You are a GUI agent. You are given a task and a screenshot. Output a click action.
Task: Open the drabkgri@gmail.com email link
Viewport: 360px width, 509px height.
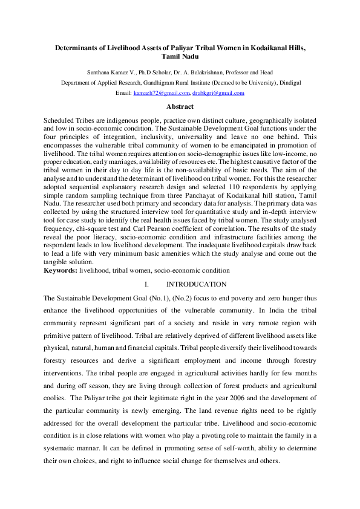click(218, 94)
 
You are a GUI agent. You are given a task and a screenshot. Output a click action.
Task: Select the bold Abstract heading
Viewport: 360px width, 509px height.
click(180, 106)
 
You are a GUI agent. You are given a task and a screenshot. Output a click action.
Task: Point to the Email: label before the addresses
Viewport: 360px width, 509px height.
click(123, 94)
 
